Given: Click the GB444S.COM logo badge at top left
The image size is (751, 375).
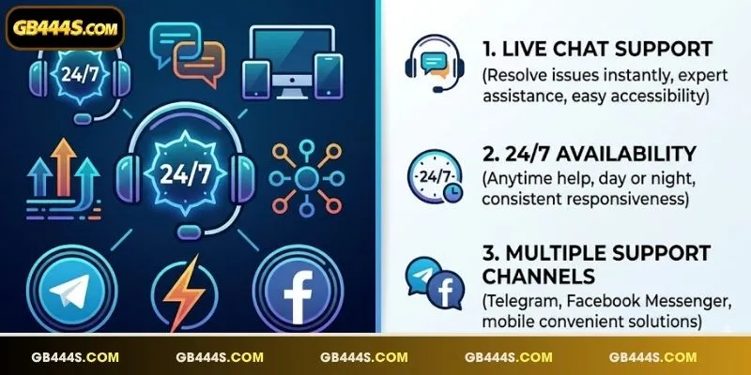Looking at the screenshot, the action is tap(65, 28).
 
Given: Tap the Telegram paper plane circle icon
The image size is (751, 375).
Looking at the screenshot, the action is tap(71, 290).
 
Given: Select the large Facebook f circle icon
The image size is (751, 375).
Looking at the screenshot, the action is tap(298, 290).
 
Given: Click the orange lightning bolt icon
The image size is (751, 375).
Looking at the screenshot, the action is tap(184, 292).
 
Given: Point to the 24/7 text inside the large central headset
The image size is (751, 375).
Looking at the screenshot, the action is tap(185, 174).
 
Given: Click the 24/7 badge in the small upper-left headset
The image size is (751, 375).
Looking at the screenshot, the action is tap(80, 75).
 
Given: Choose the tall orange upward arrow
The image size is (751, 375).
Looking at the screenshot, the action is tap(63, 167).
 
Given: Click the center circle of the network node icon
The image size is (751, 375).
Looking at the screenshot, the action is tap(306, 178).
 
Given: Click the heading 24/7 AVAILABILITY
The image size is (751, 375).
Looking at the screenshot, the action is tap(590, 154).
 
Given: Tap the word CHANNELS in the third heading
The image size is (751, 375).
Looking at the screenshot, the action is tap(538, 276).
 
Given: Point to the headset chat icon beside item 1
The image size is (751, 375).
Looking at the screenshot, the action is tap(435, 64).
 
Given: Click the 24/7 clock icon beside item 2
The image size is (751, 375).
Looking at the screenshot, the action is tap(435, 176).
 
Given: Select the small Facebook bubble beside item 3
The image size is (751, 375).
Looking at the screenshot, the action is tap(445, 290).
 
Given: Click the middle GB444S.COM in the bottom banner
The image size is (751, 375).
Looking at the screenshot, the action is tap(364, 357).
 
